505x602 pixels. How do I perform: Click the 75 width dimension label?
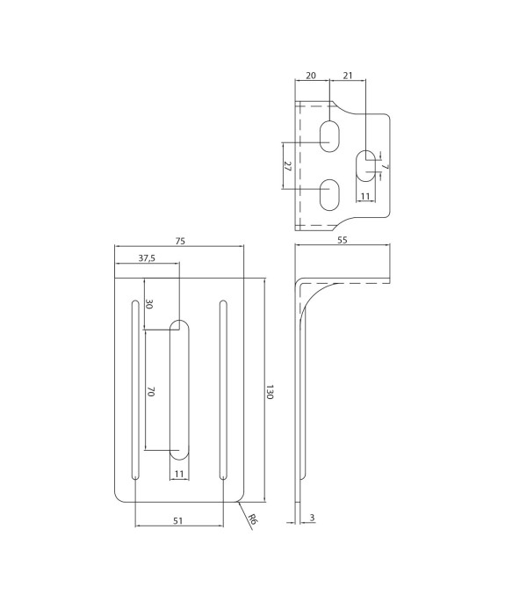pyautogui.click(x=180, y=241)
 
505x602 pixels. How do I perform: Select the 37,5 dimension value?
pyautogui.click(x=147, y=258)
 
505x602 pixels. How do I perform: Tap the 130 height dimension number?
pyautogui.click(x=270, y=392)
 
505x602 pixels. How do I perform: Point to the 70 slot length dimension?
pyautogui.click(x=150, y=392)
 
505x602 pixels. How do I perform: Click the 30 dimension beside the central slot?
pyautogui.click(x=149, y=304)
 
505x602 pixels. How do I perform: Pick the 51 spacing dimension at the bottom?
pyautogui.click(x=177, y=520)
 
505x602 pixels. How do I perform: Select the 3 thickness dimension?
pyautogui.click(x=312, y=518)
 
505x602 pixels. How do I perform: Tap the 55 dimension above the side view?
pyautogui.click(x=343, y=240)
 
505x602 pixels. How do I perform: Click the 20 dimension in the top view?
pyautogui.click(x=311, y=76)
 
